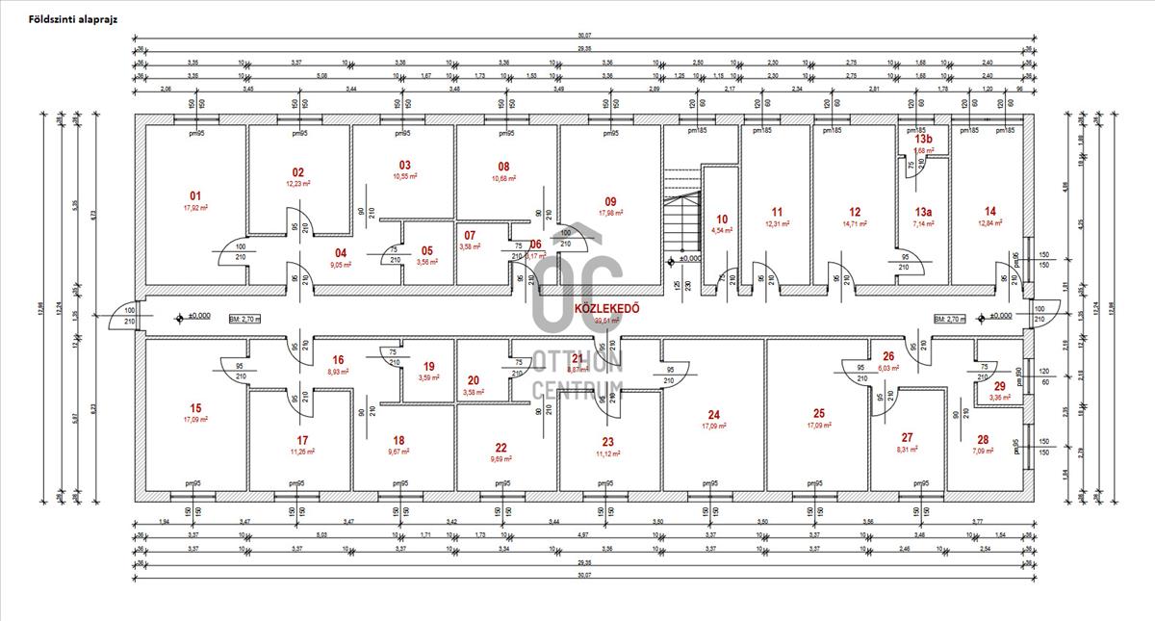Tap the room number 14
click(x=990, y=212)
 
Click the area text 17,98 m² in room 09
click(x=610, y=213)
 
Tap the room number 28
click(x=982, y=439)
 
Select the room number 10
click(x=722, y=219)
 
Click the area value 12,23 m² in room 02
click(x=298, y=183)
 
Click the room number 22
click(x=500, y=448)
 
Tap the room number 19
click(x=429, y=366)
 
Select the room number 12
click(x=855, y=212)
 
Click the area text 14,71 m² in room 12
click(x=855, y=223)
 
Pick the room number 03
click(x=404, y=165)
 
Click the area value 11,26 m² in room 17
click(x=302, y=451)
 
